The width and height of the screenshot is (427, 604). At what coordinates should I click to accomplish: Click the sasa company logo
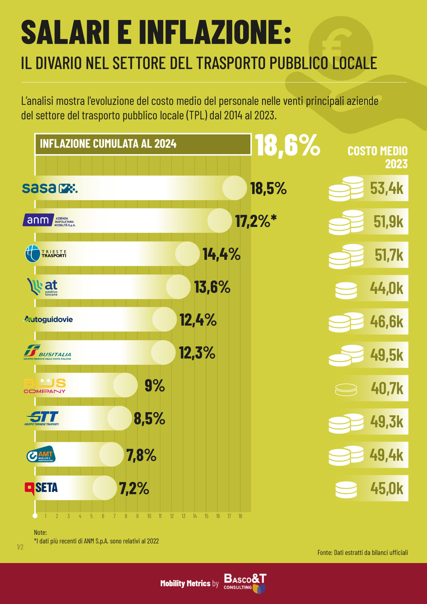[50, 188]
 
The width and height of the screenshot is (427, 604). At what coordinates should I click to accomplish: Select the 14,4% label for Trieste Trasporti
[221, 254]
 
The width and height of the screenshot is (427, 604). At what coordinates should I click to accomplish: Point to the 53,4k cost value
[386, 188]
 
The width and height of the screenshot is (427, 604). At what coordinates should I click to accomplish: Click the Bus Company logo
[45, 386]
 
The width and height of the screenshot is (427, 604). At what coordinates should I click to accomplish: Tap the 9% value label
[155, 386]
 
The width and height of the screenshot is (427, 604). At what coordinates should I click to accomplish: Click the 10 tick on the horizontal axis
[149, 516]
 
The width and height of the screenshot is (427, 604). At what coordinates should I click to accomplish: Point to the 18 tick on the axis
[240, 516]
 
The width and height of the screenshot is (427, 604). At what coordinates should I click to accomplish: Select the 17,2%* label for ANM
[256, 221]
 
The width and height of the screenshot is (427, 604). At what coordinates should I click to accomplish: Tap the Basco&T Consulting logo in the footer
[245, 583]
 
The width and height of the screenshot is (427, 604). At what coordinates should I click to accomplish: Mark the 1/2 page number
[20, 547]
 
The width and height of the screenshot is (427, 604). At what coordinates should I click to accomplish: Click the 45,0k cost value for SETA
[386, 489]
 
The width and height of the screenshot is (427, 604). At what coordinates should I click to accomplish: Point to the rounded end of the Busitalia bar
[163, 352]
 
